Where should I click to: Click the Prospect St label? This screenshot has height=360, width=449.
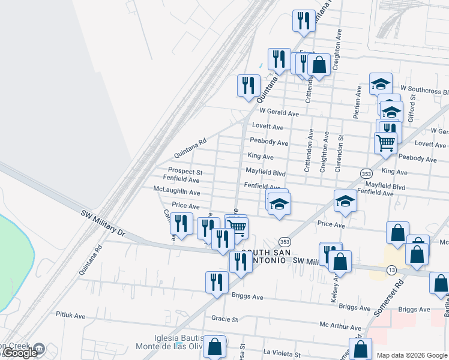coord(185,172)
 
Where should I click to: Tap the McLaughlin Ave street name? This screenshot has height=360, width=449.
coord(176,192)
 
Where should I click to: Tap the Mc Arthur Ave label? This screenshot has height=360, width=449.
coord(340,328)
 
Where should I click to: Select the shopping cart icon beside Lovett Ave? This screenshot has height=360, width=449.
coord(385,143)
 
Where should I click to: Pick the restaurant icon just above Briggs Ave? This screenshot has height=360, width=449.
coord(217,282)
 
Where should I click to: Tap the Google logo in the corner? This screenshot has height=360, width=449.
coord(20,353)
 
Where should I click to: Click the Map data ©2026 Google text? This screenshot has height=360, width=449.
coord(412,355)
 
